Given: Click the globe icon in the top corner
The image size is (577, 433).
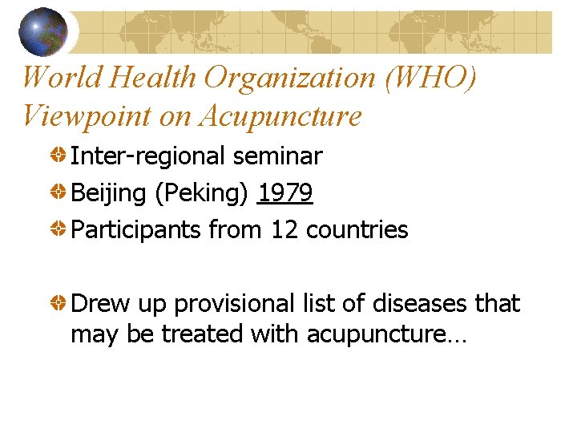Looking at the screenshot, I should (43, 30).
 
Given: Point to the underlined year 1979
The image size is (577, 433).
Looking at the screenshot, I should (285, 192).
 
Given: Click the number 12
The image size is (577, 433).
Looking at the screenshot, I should (284, 229).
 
